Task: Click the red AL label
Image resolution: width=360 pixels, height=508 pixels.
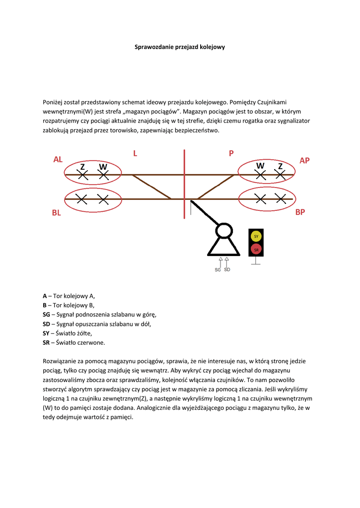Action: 58,159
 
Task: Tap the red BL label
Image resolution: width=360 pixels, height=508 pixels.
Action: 56,213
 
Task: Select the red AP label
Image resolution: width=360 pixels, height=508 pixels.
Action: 304,160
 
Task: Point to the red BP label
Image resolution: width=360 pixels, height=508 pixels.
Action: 300,212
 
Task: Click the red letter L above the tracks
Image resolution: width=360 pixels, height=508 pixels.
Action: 135,153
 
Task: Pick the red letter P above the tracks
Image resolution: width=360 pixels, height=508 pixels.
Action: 231,153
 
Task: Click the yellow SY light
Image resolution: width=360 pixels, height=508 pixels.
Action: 256,237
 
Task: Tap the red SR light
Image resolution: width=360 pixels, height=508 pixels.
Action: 256,250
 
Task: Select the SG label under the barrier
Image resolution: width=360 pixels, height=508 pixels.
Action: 217,270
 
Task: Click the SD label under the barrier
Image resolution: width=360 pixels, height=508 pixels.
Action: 227,270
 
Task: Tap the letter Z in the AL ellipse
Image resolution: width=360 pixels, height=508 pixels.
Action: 83,167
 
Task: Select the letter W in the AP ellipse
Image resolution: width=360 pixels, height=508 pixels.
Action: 260,165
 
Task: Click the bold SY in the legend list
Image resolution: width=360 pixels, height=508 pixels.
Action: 46,333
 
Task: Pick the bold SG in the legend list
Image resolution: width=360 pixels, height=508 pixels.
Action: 47,314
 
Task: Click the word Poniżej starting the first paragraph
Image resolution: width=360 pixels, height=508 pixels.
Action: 54,102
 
